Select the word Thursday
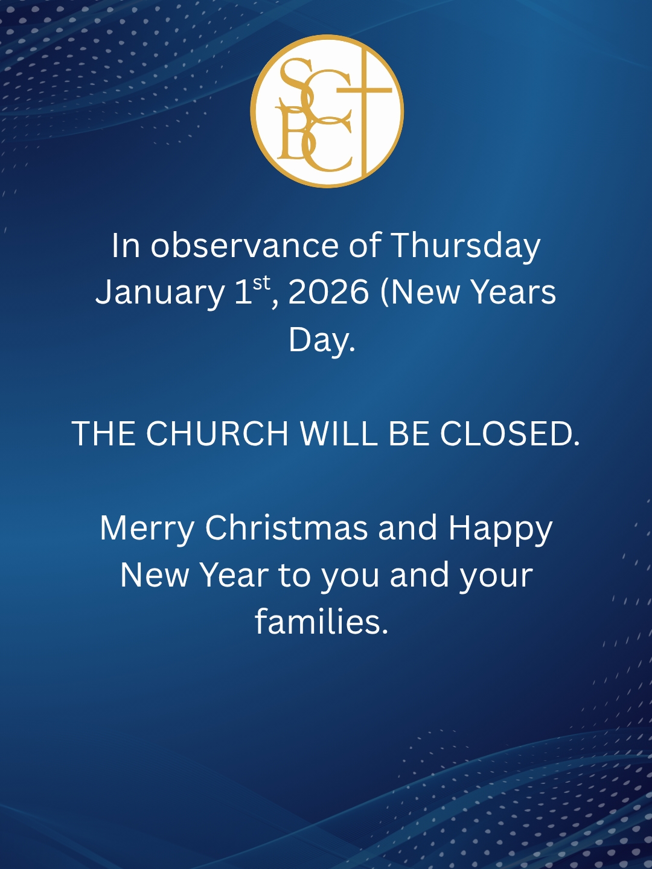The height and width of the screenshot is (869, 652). click(465, 246)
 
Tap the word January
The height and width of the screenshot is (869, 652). click(160, 293)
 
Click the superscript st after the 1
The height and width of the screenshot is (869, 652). click(261, 283)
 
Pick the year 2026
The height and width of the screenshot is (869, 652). click(328, 292)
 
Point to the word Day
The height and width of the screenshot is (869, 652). click(321, 340)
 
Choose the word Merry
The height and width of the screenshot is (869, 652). click(147, 529)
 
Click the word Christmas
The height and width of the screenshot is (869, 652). click(286, 528)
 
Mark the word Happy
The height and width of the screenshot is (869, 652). click(500, 529)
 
